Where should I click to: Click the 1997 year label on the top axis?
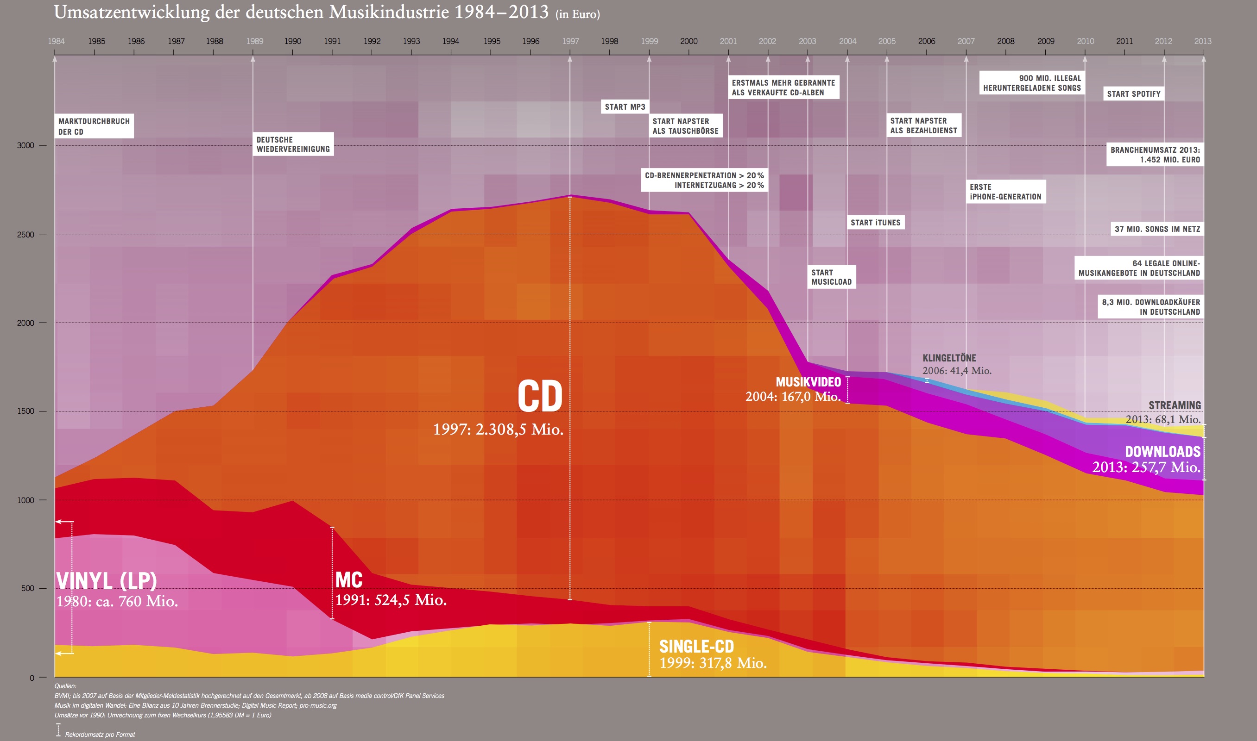click(x=570, y=41)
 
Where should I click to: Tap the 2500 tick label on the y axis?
click(x=25, y=235)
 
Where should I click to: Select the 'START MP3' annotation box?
click(x=625, y=107)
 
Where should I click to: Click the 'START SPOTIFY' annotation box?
click(x=1134, y=94)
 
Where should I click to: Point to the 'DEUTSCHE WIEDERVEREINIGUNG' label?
click(x=293, y=144)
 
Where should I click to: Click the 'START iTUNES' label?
click(x=875, y=223)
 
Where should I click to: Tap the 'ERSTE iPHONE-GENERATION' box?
click(x=1005, y=192)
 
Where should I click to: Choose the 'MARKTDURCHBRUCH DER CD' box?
click(x=94, y=126)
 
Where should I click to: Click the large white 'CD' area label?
click(x=540, y=397)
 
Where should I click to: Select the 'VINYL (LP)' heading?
click(x=107, y=581)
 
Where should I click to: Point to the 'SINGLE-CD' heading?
click(x=696, y=647)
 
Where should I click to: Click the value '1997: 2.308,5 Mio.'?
click(x=498, y=430)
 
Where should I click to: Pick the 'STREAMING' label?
click(x=1174, y=405)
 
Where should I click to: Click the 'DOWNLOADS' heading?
click(x=1162, y=452)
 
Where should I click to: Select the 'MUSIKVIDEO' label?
click(x=808, y=382)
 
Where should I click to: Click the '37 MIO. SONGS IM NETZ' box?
click(x=1157, y=229)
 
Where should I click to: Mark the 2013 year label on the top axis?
click(x=1202, y=41)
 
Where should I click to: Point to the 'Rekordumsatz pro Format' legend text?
click(x=100, y=735)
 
